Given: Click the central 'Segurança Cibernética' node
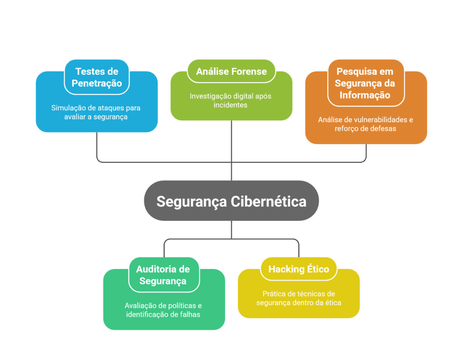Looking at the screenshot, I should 231,201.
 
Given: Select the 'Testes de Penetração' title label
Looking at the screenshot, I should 97,77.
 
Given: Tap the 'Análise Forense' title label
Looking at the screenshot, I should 231,71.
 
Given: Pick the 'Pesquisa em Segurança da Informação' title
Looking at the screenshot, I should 366,83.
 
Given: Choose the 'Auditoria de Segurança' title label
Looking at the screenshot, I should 163,275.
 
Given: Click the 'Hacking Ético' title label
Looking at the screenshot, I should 298,269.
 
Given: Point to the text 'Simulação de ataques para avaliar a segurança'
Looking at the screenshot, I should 96,112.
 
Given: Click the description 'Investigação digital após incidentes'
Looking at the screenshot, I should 231,100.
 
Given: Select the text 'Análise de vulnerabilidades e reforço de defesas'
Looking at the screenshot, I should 365,124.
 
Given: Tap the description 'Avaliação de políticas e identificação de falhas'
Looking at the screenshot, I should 163,309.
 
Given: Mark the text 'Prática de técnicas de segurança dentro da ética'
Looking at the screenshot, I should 298,298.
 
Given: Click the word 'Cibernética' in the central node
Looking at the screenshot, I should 269,201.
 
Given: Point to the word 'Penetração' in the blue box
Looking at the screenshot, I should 97,83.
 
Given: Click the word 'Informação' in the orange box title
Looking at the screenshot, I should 365,95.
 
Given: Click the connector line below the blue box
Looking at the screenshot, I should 97,147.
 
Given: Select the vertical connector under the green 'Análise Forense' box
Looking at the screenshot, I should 231,140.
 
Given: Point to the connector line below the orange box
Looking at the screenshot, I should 366,153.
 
